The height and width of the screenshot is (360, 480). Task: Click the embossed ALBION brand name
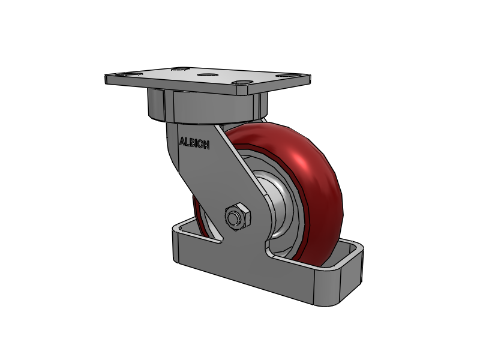click(194, 143)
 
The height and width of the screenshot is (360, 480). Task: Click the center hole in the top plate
click(207, 76)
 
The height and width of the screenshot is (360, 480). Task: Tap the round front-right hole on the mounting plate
click(243, 84)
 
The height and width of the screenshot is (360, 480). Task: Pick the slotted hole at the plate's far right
click(283, 76)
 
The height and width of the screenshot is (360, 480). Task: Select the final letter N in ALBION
click(206, 144)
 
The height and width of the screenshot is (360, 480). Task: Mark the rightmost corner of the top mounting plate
click(310, 77)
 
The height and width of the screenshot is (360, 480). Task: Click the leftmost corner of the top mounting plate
click(106, 78)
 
